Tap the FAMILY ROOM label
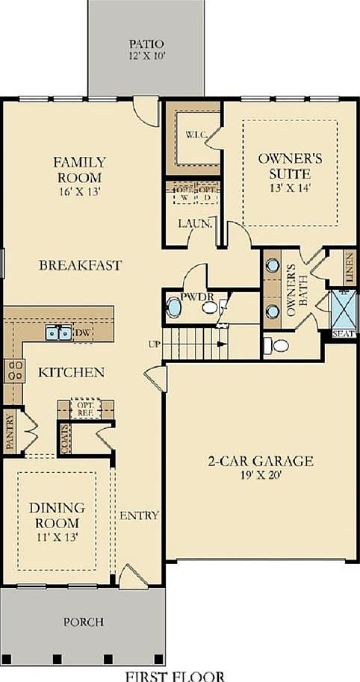pyautogui.click(x=78, y=170)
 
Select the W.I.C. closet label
pyautogui.click(x=192, y=136)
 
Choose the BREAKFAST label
pyautogui.click(x=80, y=265)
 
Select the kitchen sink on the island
pyautogui.click(x=58, y=332)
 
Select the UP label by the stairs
pyautogui.click(x=155, y=343)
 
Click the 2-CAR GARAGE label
pyautogui.click(x=261, y=460)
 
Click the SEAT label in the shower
pyautogui.click(x=344, y=333)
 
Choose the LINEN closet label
pyautogui.click(x=350, y=267)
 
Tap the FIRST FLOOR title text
pyautogui.click(x=176, y=675)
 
